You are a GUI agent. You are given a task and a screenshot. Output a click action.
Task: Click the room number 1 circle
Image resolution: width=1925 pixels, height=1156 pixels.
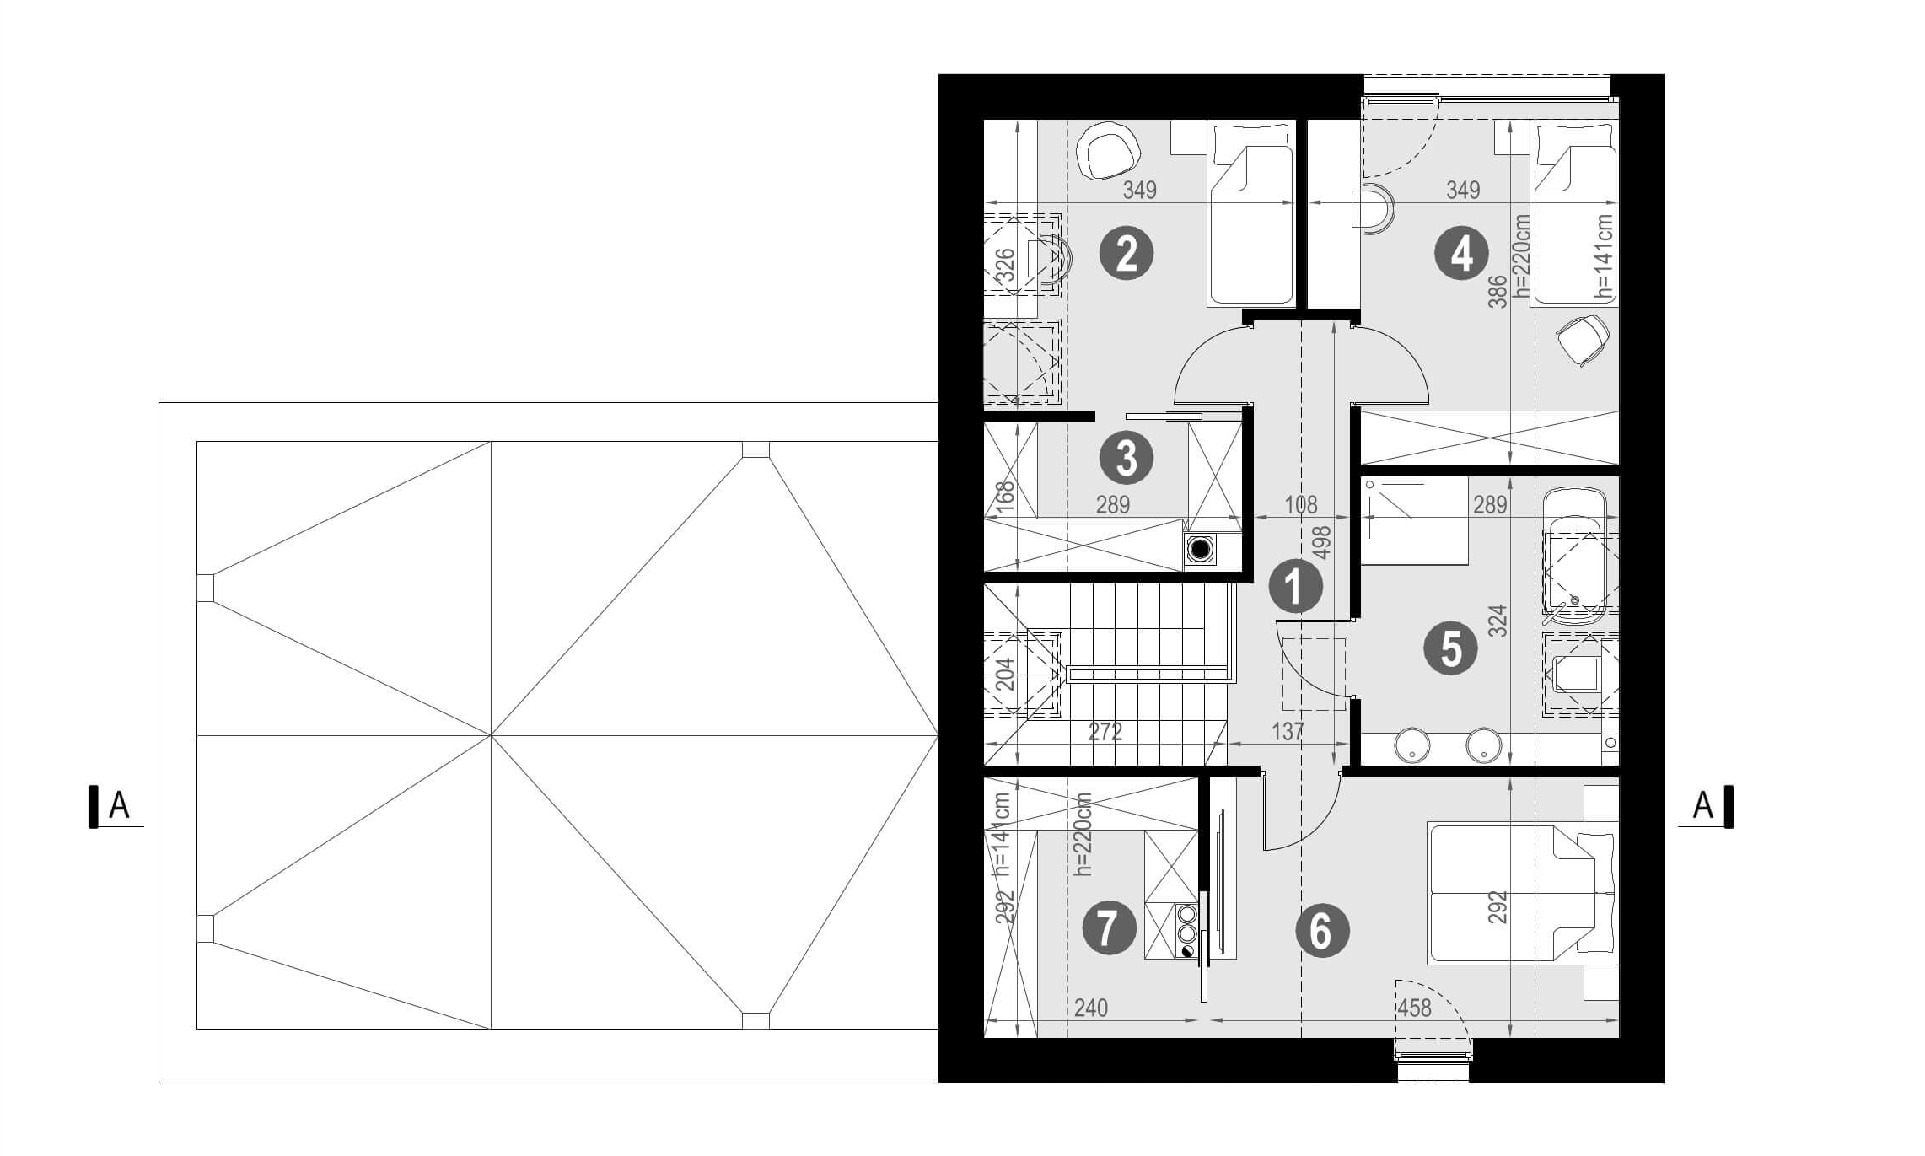coord(1295,586)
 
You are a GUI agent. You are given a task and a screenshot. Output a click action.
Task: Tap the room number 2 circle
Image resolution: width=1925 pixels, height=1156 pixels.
coord(1127,253)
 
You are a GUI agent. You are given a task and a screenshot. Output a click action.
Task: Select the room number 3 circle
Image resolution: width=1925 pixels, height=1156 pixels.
coord(1127,458)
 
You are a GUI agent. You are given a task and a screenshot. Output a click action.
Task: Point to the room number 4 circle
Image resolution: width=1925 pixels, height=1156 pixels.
coord(1461,253)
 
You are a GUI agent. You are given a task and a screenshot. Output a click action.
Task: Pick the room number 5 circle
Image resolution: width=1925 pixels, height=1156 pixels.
coord(1450,648)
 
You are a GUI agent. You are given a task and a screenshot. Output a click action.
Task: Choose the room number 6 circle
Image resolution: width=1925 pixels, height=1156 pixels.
coord(1321,931)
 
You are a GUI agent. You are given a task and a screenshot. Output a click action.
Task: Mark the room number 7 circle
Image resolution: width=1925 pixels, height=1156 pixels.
coord(1108,927)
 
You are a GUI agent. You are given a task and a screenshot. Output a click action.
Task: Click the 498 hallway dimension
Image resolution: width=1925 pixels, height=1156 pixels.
coord(1322,542)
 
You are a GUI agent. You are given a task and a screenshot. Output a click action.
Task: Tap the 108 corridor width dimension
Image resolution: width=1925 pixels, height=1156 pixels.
coord(1301,505)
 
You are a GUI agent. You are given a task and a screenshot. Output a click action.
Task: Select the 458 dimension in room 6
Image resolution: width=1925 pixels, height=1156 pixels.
coord(1414,1008)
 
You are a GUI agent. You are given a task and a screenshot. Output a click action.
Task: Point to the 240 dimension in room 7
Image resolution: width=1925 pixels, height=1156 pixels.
coord(1090,1008)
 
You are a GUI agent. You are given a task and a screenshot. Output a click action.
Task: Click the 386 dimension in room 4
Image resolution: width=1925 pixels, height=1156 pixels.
coord(1498,292)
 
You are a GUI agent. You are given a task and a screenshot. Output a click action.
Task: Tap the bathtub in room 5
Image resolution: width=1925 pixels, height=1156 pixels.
coord(1575,557)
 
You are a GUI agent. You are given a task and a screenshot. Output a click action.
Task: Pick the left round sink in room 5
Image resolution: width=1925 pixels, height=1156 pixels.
coord(1411,746)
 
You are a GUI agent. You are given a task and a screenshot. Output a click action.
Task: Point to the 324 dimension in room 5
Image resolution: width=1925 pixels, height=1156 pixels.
coord(1498,621)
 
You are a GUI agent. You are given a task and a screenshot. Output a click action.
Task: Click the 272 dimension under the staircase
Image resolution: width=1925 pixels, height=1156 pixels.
coord(1105,732)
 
